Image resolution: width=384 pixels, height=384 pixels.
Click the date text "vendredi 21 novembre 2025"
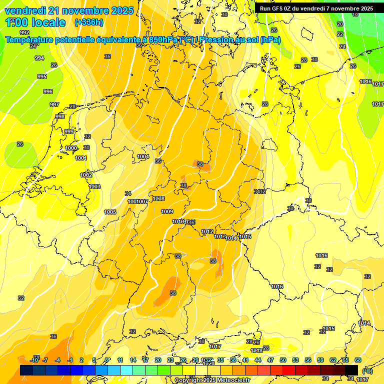coord(69,10)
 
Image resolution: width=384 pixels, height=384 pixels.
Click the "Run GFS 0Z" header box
coord(316,8)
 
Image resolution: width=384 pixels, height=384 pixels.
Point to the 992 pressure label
coord(24,46)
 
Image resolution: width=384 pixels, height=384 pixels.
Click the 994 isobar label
coord(39,58)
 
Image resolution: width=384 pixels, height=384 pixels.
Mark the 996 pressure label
coord(47,91)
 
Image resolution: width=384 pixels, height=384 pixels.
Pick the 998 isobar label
coord(60,116)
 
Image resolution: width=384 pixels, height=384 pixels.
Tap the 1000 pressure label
coord(71,148)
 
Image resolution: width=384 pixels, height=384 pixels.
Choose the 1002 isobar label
coord(86,175)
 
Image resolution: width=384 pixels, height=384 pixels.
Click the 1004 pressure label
coord(143,156)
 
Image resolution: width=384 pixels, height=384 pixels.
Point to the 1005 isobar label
coord(110,212)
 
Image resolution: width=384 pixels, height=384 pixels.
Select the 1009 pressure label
coord(167,211)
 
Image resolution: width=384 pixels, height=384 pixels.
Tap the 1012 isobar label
coord(207,231)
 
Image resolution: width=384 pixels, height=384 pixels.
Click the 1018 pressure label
coord(256,350)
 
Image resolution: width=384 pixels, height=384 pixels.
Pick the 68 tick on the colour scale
coord(358,360)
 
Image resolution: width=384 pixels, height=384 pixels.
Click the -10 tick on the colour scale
coord(34,360)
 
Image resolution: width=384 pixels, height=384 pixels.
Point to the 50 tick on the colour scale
coord(283,360)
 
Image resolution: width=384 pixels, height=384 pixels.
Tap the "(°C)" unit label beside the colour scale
coord(367,371)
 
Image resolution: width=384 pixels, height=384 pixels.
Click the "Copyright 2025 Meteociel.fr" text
coord(212,380)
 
